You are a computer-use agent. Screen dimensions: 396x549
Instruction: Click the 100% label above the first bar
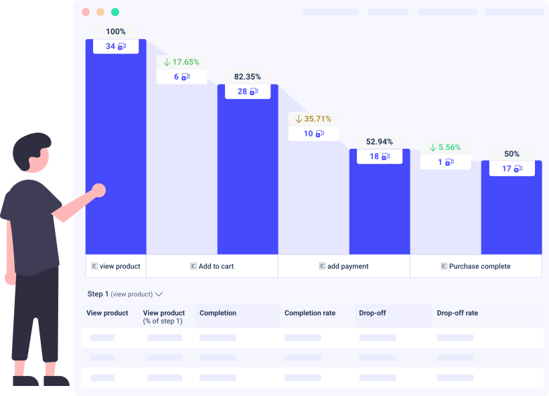tap(116, 31)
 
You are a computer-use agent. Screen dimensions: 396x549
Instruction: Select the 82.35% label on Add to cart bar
tap(248, 76)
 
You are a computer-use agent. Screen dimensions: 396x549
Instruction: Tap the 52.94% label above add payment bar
tap(380, 141)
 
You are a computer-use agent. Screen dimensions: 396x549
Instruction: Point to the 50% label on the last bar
tap(512, 153)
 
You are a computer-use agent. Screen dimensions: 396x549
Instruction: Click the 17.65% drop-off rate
tap(181, 62)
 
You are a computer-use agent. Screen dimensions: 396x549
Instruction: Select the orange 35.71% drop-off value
tap(313, 119)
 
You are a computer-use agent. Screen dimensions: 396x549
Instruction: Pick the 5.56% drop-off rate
tap(445, 147)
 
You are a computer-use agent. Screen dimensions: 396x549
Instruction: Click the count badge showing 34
tap(116, 46)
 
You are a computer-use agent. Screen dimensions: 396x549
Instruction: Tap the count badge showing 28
tap(248, 91)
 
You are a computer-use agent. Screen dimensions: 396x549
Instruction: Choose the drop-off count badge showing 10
tap(313, 133)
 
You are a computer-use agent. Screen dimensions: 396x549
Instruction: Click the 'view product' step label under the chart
tap(116, 266)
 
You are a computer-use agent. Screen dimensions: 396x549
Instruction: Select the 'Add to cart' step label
tap(212, 266)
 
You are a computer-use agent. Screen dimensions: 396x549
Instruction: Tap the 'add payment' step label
tap(344, 266)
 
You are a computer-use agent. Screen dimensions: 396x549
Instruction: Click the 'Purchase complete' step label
tap(476, 266)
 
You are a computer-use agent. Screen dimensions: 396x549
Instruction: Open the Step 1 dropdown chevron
tap(159, 294)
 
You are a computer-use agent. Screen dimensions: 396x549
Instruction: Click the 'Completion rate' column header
tap(310, 313)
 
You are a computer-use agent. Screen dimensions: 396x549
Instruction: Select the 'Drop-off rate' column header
tap(457, 313)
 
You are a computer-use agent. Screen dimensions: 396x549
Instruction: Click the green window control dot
tap(115, 12)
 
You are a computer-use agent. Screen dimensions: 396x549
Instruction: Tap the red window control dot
tap(86, 12)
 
